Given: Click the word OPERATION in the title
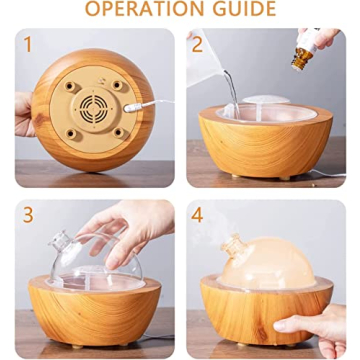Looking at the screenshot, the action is pyautogui.click(x=144, y=8).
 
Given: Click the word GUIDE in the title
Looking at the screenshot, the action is pyautogui.click(x=244, y=8).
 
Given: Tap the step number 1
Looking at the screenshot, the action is pyautogui.click(x=28, y=44).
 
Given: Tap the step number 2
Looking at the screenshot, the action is pyautogui.click(x=197, y=44).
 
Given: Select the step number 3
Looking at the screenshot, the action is pyautogui.click(x=28, y=215).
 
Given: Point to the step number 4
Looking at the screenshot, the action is pyautogui.click(x=197, y=215).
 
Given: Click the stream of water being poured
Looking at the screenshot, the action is pyautogui.click(x=232, y=92).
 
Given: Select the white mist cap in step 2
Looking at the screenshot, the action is pyautogui.click(x=265, y=100).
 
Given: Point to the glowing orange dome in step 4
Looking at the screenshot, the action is pyautogui.click(x=270, y=263).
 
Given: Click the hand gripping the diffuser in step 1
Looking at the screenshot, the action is pyautogui.click(x=24, y=114).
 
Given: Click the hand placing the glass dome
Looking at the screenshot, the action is pyautogui.click(x=130, y=230).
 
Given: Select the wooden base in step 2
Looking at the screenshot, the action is pyautogui.click(x=266, y=144).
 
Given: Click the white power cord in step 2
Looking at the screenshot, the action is pyautogui.click(x=327, y=173).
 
